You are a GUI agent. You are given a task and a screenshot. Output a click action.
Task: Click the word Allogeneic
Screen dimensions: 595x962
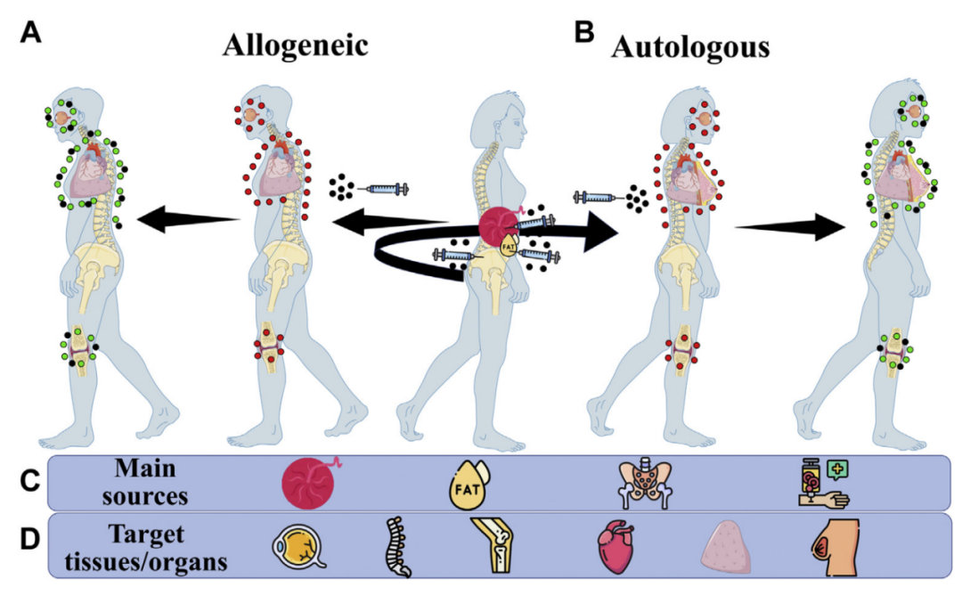295,46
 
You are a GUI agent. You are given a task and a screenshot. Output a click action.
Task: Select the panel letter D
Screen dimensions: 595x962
29,540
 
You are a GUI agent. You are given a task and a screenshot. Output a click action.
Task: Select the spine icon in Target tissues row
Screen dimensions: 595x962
396,543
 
